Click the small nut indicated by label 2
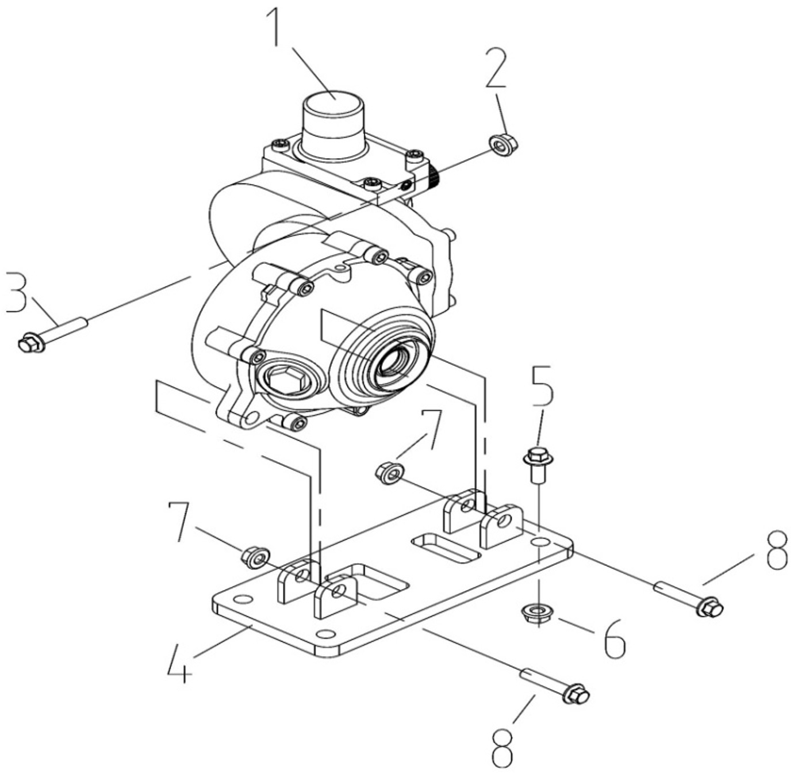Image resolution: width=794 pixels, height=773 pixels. click(x=503, y=144)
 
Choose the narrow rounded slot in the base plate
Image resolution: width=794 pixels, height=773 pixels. click(x=446, y=547)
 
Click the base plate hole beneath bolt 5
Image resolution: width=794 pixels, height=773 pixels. click(x=539, y=542)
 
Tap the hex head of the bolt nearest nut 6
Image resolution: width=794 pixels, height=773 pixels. click(x=711, y=607)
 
